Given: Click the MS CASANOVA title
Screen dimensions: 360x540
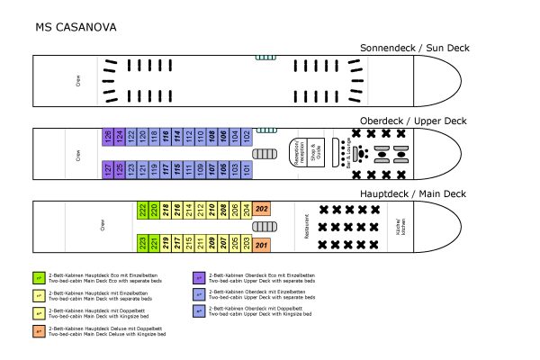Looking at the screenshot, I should pyautogui.click(x=76, y=27).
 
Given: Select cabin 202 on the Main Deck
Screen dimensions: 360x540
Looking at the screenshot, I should pyautogui.click(x=262, y=210).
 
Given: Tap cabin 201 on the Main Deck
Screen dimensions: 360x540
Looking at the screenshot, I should pyautogui.click(x=262, y=243).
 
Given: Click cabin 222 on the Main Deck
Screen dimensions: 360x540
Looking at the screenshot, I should pyautogui.click(x=143, y=210).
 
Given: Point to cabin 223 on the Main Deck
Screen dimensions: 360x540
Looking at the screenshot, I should pyautogui.click(x=143, y=243).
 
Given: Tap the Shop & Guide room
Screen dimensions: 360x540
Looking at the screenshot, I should pyautogui.click(x=314, y=153).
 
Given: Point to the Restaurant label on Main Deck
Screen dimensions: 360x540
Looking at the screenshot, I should pyautogui.click(x=308, y=227).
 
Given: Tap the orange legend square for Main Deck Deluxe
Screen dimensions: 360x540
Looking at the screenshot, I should pyautogui.click(x=39, y=330).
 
